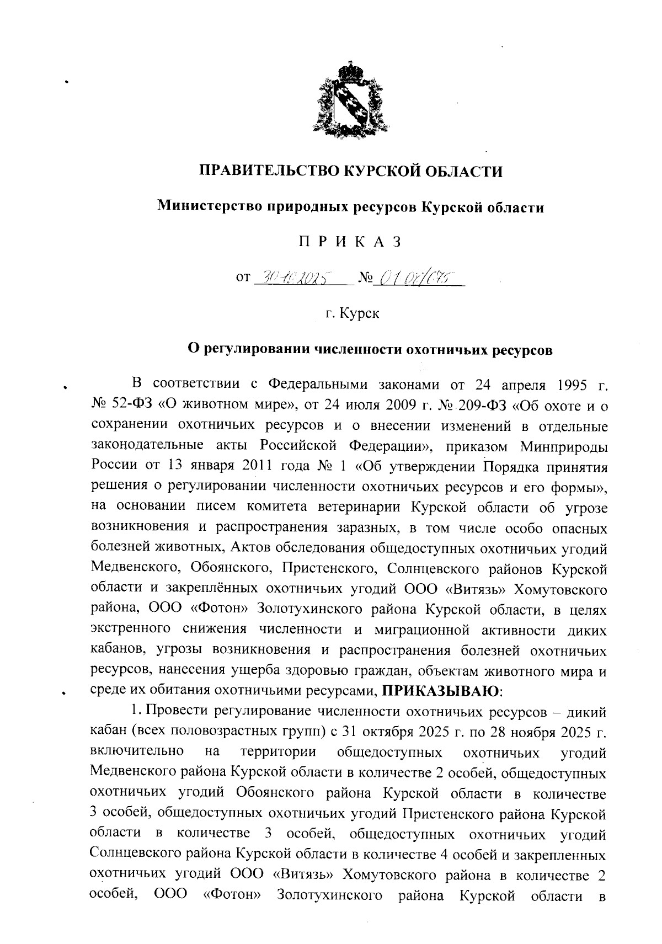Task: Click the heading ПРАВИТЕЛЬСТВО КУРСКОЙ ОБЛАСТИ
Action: (x=351, y=172)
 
